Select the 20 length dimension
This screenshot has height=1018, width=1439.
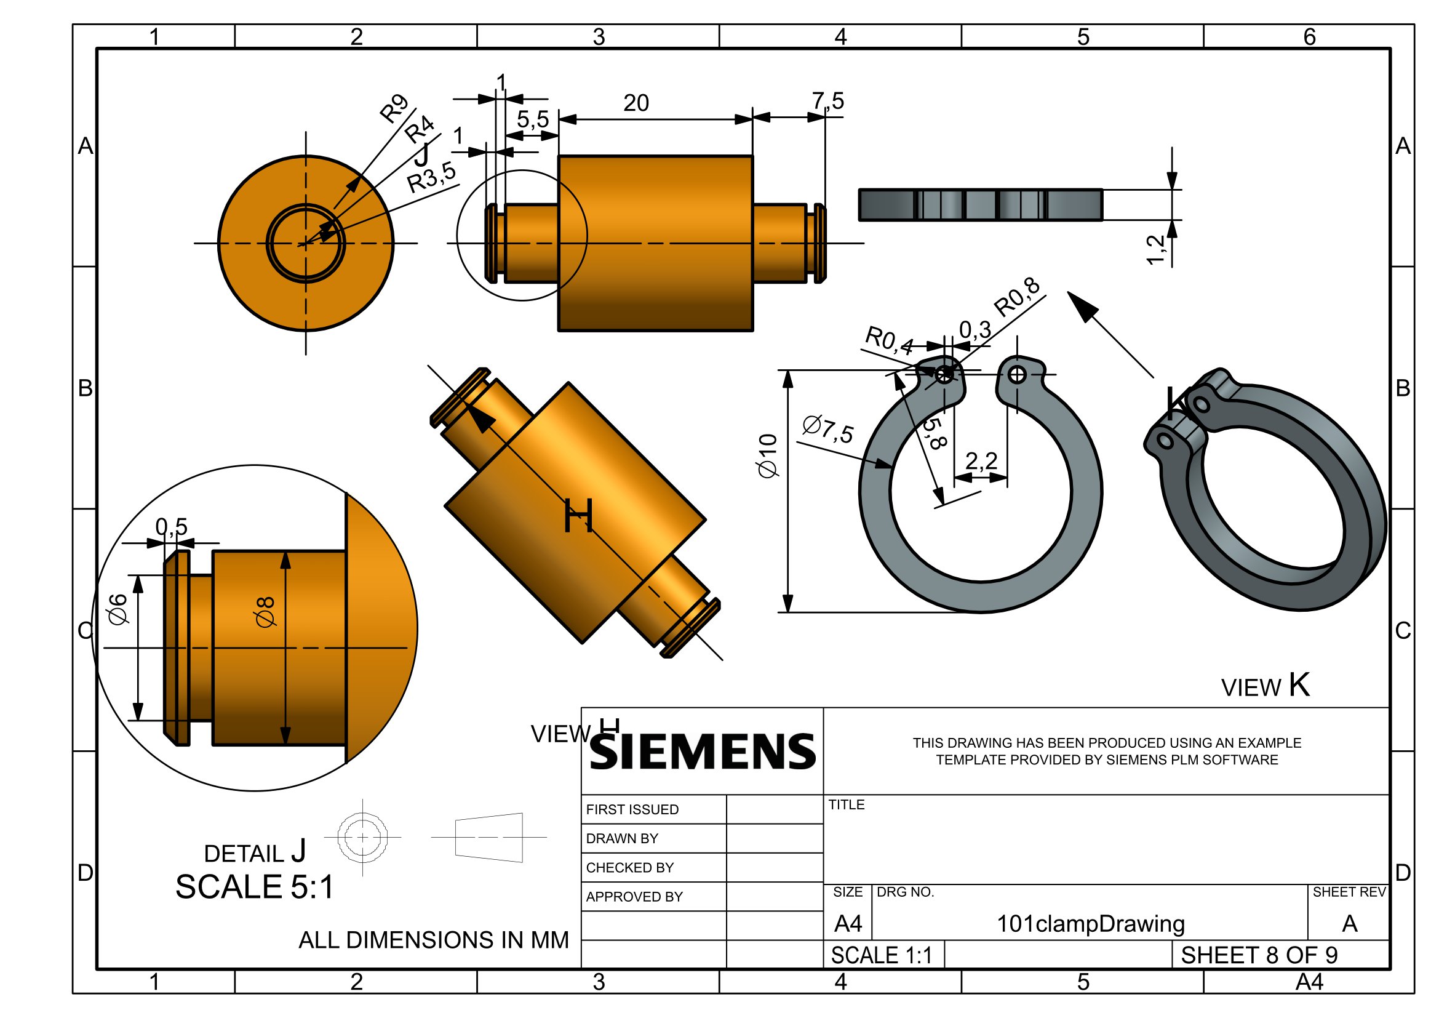coord(636,103)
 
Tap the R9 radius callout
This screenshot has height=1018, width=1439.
coord(394,108)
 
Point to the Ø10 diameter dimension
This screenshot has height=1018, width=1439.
coord(768,455)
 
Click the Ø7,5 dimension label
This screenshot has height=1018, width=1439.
coord(827,430)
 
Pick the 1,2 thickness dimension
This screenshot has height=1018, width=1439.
coord(1155,249)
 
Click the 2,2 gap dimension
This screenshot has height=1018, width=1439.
coord(981,462)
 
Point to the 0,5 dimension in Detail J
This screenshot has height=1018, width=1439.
coord(172,527)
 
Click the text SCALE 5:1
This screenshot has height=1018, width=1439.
coord(255,887)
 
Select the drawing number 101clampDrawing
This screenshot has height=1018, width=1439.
coord(1091,924)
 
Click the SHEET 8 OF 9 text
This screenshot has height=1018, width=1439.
coord(1259,955)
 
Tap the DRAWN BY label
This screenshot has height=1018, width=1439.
coord(622,839)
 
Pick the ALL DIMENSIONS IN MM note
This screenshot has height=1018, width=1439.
coord(434,940)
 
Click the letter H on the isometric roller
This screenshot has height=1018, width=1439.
coord(578,516)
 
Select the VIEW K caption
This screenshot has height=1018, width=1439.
coord(1266,686)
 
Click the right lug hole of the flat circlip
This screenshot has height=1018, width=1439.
coord(1017,375)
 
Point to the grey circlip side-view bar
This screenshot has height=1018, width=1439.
coord(980,204)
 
